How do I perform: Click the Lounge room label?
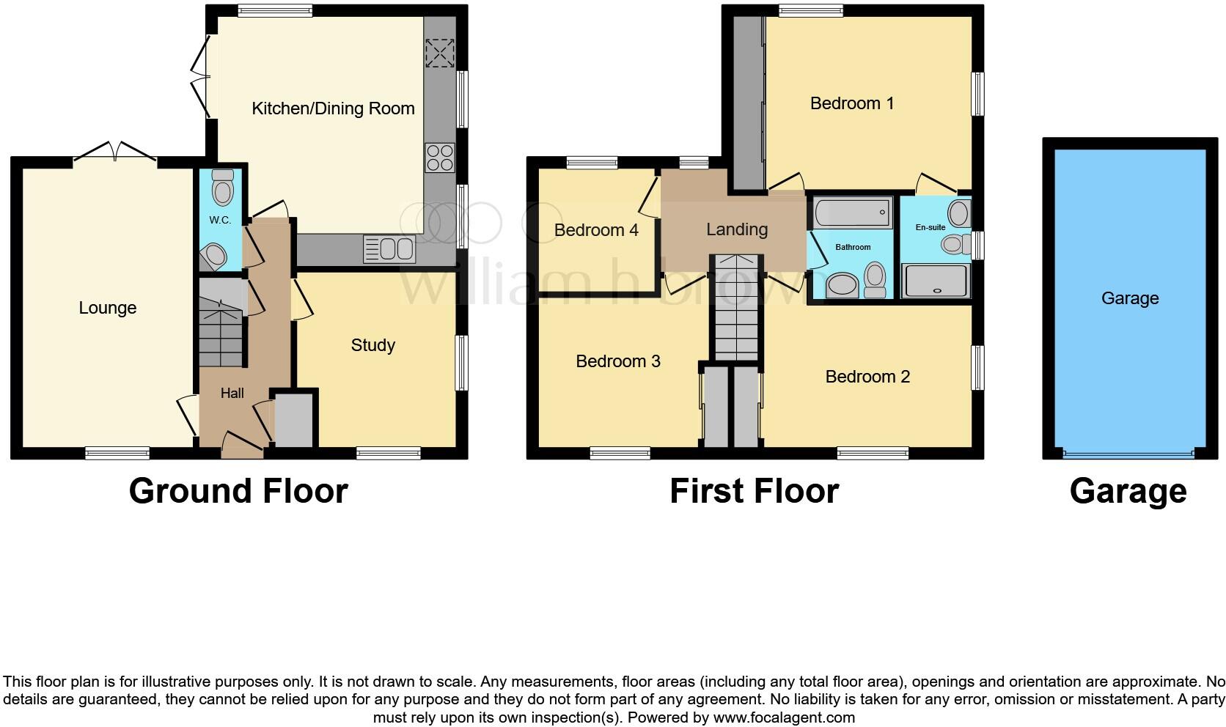coord(107,308)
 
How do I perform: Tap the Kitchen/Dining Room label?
coord(333,108)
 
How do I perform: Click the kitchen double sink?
coord(389,249)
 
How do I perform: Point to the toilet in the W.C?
coord(221,188)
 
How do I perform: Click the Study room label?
coord(372,345)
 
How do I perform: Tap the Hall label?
coord(232,394)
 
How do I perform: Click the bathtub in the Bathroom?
coord(852,213)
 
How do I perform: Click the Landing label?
coord(736,229)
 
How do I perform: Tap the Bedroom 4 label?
coord(595,230)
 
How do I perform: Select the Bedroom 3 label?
coord(617,361)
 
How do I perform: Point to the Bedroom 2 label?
coord(867,377)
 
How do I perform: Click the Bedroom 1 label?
coord(851,103)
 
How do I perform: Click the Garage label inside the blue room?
coord(1129,298)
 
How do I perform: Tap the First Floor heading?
coord(753,491)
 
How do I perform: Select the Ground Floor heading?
coord(238,491)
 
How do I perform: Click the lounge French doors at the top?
coord(114,153)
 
